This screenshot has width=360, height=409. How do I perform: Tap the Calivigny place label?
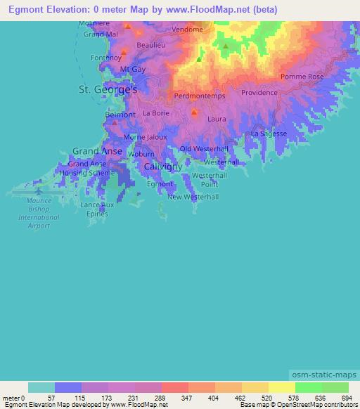click(x=162, y=167)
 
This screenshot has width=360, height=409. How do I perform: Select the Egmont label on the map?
click(x=160, y=183)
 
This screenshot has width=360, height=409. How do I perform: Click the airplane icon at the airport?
click(x=39, y=190)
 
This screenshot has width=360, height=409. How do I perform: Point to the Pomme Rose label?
click(x=302, y=76)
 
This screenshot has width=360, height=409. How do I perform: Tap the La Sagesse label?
click(x=269, y=134)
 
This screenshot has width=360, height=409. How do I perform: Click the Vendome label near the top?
click(x=187, y=30)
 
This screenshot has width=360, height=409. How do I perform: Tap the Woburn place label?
click(x=141, y=153)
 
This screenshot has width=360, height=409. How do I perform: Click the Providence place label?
click(x=259, y=93)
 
